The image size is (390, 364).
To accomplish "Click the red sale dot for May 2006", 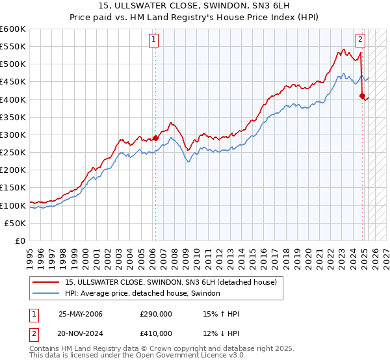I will coord(155,138).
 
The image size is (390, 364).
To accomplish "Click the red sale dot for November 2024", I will coord(362,96).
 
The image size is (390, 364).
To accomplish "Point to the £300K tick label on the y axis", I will coord(13,135).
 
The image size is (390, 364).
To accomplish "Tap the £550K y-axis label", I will coord(13,47).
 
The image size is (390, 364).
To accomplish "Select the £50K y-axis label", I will coord(16,223).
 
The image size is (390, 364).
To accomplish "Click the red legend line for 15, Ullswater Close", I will coord(47,282).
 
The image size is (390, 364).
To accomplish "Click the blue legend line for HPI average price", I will coord(47,293).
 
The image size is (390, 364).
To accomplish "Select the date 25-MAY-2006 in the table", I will coord(81,314).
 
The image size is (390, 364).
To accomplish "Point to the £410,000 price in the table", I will coord(155,336).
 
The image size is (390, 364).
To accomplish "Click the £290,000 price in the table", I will coord(155,314).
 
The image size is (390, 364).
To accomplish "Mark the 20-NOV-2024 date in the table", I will coord(81,336).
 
